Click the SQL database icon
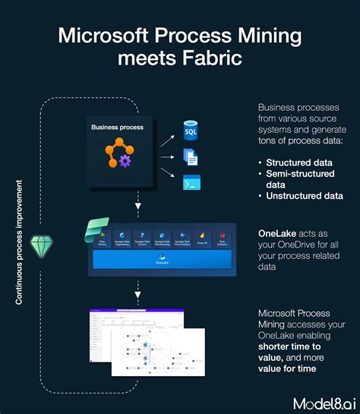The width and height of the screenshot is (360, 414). click(191, 131)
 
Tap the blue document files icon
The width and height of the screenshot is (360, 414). click(191, 157)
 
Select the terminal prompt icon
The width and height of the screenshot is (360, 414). click(191, 183)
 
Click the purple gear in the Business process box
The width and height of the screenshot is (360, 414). click(125, 160)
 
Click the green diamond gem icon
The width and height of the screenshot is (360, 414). click(41, 244)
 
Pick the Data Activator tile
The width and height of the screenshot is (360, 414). click(223, 238)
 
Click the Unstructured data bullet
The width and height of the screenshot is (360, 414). click(304, 195)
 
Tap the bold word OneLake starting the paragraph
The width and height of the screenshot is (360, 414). click(278, 232)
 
